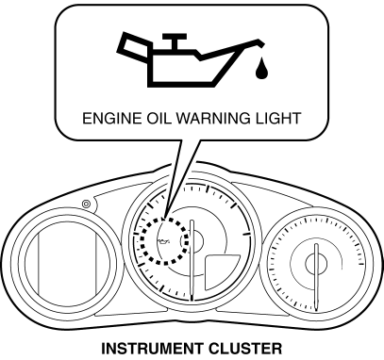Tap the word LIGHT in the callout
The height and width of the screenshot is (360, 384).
[x=277, y=119]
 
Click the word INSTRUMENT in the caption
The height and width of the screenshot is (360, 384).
[x=152, y=349]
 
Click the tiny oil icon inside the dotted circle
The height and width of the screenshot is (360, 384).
[x=163, y=241]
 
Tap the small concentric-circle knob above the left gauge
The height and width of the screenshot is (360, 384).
[x=86, y=205]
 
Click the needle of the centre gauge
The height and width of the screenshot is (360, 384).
[x=192, y=260]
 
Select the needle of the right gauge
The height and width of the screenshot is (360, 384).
[x=316, y=277]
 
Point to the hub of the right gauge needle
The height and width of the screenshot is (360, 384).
[x=316, y=263]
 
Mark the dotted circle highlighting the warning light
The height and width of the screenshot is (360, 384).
[x=141, y=241]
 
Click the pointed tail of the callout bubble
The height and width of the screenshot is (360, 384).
[x=164, y=217]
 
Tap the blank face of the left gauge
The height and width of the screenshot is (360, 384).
[x=67, y=264]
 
